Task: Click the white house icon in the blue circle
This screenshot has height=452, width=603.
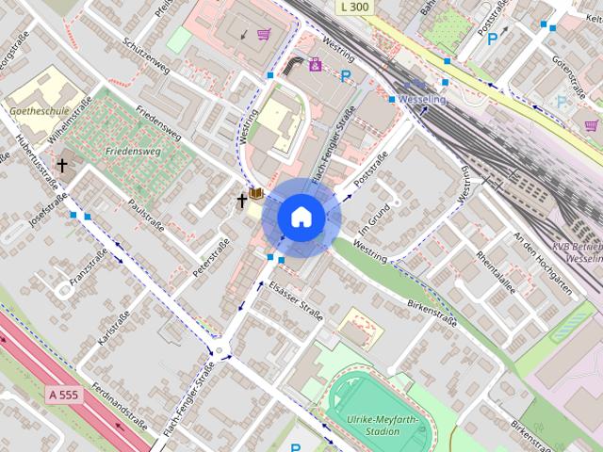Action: [x=301, y=217]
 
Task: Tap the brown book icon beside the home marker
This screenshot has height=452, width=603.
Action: [x=255, y=196]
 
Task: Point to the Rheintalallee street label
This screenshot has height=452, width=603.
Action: [x=497, y=273]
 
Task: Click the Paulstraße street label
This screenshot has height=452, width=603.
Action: [x=146, y=216]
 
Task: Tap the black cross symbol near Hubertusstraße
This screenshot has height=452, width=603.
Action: [x=62, y=166]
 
